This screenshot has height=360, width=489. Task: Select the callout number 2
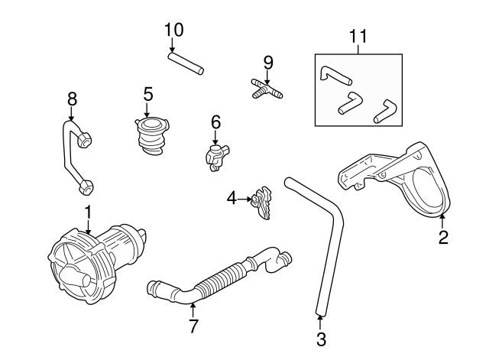click(443, 237)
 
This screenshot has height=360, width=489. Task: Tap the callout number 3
click(321, 337)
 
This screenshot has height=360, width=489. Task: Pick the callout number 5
click(148, 94)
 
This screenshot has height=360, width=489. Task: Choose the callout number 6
click(215, 122)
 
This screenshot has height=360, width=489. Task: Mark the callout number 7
click(193, 326)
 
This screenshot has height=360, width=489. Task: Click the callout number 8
click(73, 99)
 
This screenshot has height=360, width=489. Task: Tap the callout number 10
click(173, 30)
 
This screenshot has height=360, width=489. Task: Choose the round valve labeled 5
click(150, 135)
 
